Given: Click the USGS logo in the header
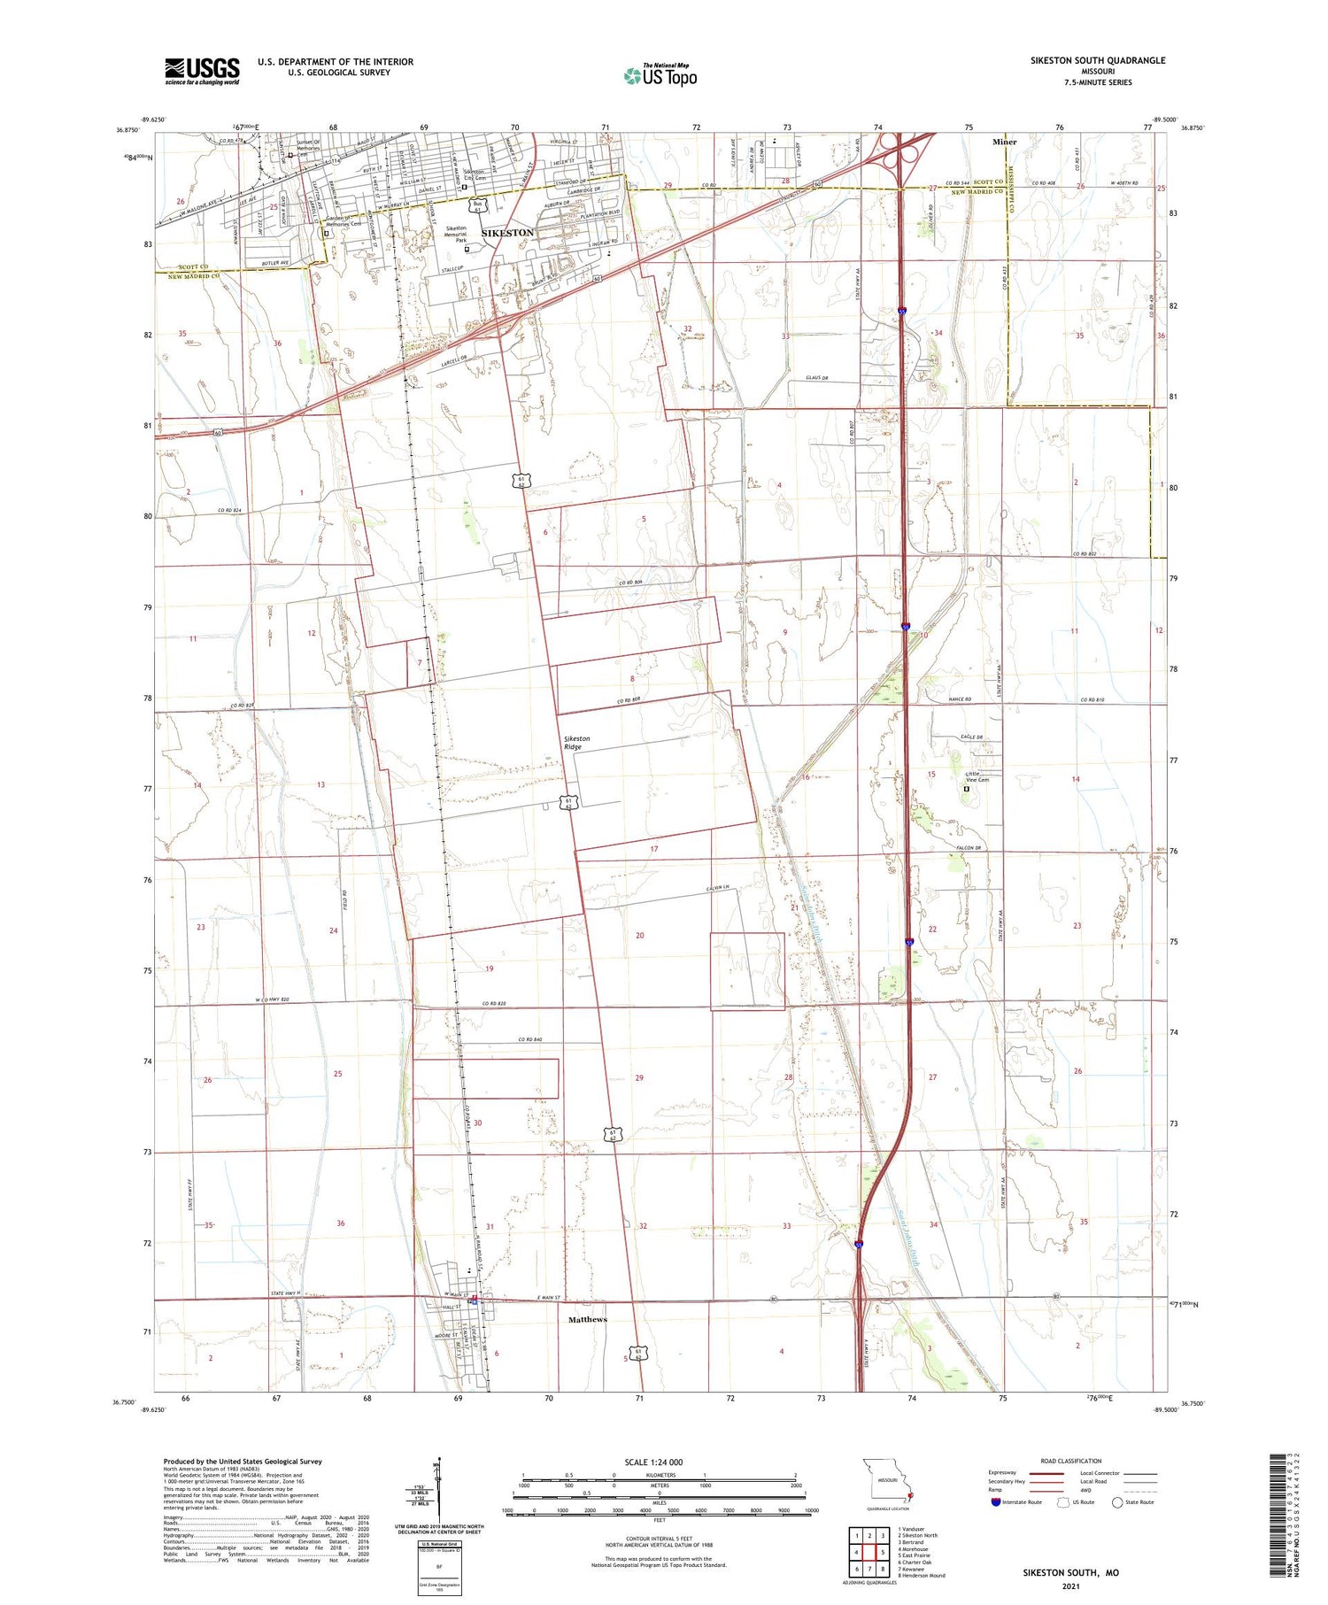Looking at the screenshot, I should (x=202, y=71).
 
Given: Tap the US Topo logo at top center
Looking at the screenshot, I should (x=660, y=75).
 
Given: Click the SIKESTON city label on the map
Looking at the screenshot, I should (x=507, y=233).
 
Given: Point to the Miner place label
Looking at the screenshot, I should (x=1005, y=142).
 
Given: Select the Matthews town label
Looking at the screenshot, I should (x=588, y=1319).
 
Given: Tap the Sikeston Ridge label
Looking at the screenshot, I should (x=576, y=743).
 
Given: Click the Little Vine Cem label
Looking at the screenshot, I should (x=977, y=776).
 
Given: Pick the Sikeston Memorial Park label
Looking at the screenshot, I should (x=455, y=234).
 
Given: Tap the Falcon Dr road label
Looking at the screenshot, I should (x=971, y=848).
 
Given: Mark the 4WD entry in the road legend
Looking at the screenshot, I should (x=1088, y=1492).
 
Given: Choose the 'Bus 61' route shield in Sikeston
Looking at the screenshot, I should (x=478, y=205).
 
